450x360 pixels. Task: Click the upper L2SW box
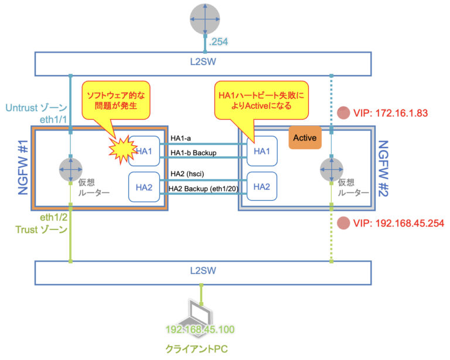pos(203,63)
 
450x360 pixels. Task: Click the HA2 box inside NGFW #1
pos(143,186)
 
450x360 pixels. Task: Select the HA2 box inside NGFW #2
pos(261,186)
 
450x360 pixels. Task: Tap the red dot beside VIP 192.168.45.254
pos(344,223)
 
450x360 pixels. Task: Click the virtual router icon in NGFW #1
pos(71,170)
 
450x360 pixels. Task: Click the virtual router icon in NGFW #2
pos(332,170)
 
